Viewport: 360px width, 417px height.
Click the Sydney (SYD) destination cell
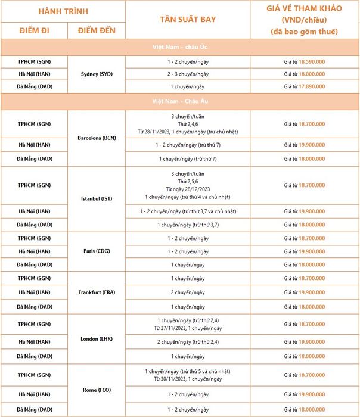coord(97,74)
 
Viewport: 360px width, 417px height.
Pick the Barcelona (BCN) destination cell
coord(97,138)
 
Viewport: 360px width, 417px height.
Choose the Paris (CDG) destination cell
coord(97,251)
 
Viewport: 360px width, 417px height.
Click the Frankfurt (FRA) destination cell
coord(97,292)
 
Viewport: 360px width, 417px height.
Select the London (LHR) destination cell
coord(97,339)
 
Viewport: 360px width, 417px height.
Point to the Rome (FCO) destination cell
coord(97,390)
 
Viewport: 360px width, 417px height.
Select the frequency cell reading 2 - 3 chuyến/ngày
coord(188,74)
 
